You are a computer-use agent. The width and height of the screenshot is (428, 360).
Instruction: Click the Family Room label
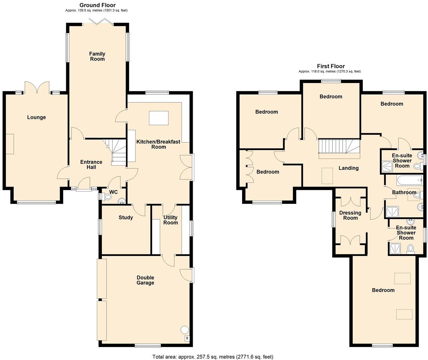(x=97, y=56)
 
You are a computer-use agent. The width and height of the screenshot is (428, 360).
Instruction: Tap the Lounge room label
(x=36, y=118)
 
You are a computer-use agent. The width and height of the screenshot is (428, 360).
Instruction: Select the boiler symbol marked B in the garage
(x=187, y=339)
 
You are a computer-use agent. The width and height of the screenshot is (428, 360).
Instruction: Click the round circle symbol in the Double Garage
(x=185, y=329)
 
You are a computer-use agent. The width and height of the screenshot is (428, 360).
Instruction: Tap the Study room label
(x=126, y=218)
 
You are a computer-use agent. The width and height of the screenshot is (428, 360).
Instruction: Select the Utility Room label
(x=170, y=220)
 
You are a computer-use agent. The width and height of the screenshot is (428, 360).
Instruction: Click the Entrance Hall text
(x=91, y=165)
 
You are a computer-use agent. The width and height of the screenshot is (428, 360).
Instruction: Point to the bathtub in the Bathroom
(x=410, y=180)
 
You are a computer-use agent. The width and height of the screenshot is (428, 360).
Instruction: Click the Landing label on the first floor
(x=348, y=168)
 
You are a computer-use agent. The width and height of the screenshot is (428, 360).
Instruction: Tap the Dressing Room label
(x=350, y=215)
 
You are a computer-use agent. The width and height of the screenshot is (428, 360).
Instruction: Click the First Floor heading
(x=331, y=66)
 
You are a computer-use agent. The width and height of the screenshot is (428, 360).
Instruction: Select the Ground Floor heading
(x=97, y=5)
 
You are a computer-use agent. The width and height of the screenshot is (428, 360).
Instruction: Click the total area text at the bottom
(x=213, y=357)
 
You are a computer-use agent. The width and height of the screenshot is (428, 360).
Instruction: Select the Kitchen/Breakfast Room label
(x=158, y=144)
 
